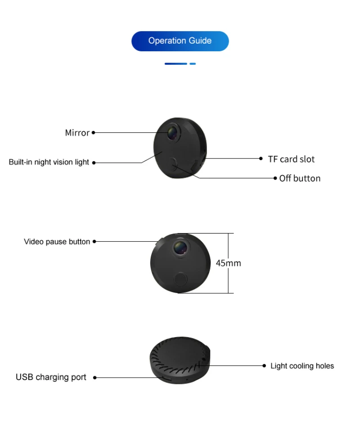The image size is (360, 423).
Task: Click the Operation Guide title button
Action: [180, 41]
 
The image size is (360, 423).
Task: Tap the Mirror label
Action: [77, 133]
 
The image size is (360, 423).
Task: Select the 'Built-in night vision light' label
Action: [49, 162]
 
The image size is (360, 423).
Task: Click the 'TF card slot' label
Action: [291, 159]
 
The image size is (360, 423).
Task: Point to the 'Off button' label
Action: [300, 178]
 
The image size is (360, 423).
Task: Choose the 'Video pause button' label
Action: [57, 242]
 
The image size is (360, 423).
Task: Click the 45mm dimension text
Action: [228, 263]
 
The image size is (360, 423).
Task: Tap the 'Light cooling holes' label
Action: [302, 366]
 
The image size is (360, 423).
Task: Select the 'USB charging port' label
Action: [51, 377]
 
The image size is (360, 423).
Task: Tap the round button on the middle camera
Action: [180, 279]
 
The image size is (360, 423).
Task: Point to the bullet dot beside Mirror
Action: [94, 133]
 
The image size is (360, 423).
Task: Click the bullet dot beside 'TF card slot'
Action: [261, 158]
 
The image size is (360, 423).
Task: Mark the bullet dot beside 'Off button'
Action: [275, 178]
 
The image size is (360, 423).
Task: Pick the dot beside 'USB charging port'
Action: [95, 378]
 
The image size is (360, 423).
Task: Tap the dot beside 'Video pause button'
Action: [94, 242]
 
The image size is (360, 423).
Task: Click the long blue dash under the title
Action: [175, 64]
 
